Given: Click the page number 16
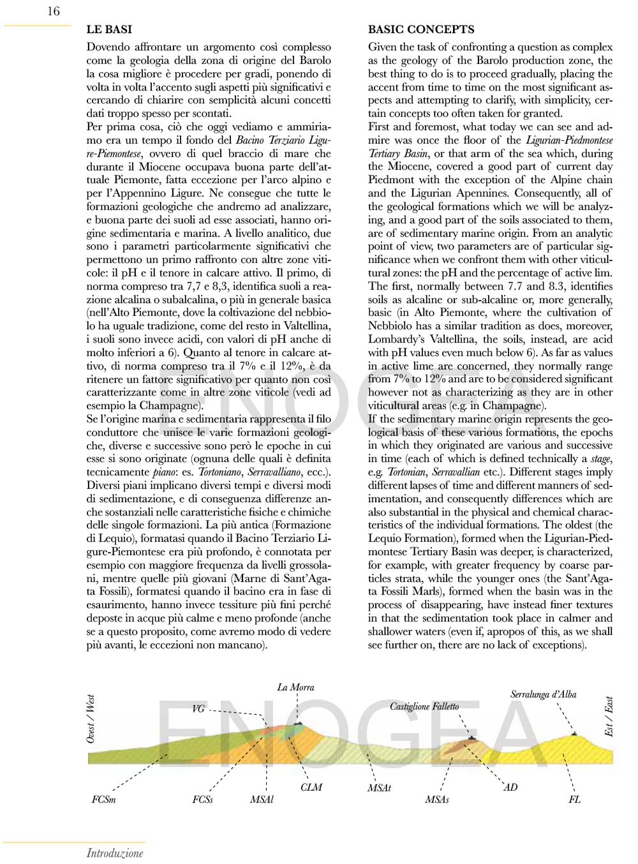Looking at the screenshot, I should point(54,11).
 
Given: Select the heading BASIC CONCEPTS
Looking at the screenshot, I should point(421,29).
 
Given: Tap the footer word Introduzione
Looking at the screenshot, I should point(115,853).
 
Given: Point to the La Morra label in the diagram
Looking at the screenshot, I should point(295,687).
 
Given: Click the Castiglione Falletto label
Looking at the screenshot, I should point(424,706).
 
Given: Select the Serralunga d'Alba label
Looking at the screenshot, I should point(543,694).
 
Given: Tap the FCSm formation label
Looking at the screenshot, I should point(104,799).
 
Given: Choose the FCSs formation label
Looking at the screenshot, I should point(202,799).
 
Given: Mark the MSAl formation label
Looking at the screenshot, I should point(262,799).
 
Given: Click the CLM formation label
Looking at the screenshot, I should point(311,787).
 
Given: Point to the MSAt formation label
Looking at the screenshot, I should point(379,788).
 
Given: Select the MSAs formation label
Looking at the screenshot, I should point(437,799).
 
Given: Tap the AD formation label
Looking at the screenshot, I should point(510,787).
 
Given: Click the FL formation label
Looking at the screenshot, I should point(574,799).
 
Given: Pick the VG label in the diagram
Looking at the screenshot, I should point(198,709).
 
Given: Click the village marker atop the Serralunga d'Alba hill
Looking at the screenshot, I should point(574,734).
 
